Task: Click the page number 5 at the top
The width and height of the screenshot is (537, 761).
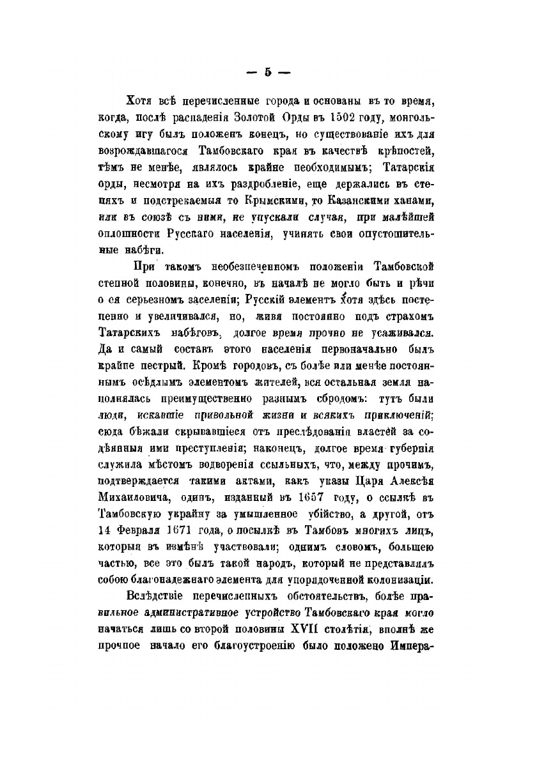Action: click(x=268, y=73)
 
